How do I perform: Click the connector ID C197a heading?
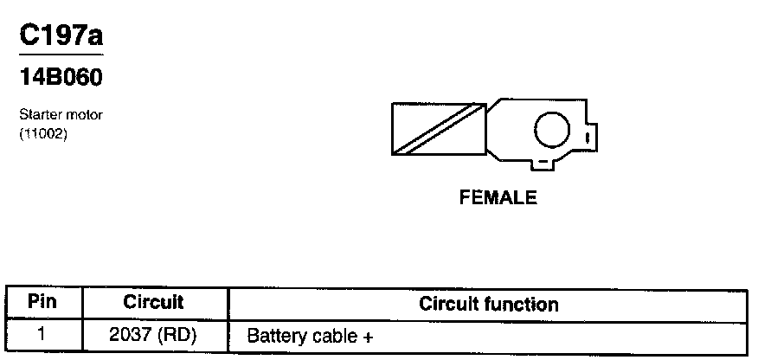click(61, 36)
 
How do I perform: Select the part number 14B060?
click(61, 78)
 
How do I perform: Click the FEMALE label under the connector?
click(498, 198)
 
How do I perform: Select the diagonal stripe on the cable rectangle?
click(438, 130)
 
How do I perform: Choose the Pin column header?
click(42, 303)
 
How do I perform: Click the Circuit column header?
click(153, 303)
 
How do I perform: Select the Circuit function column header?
click(488, 304)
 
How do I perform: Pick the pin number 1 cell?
click(42, 334)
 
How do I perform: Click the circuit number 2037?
click(131, 334)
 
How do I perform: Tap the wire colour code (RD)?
click(178, 334)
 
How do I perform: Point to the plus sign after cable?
click(368, 336)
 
